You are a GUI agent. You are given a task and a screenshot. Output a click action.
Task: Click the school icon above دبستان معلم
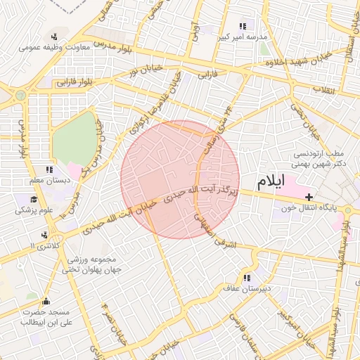(49, 169)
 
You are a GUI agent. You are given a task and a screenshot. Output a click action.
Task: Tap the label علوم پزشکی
(34, 210)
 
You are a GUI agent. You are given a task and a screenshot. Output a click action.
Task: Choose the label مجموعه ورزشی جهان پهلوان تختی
(93, 264)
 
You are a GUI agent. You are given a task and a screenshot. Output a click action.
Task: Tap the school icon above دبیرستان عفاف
(246, 278)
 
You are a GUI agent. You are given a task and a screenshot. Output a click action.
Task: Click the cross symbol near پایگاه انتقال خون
(309, 198)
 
